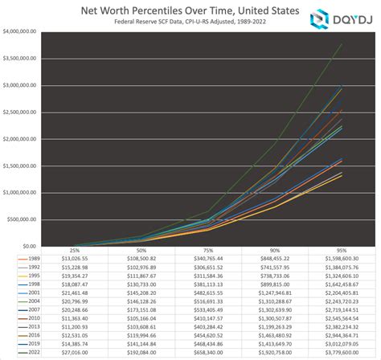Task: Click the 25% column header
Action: pos(75,252)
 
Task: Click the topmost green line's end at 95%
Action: pos(341,44)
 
